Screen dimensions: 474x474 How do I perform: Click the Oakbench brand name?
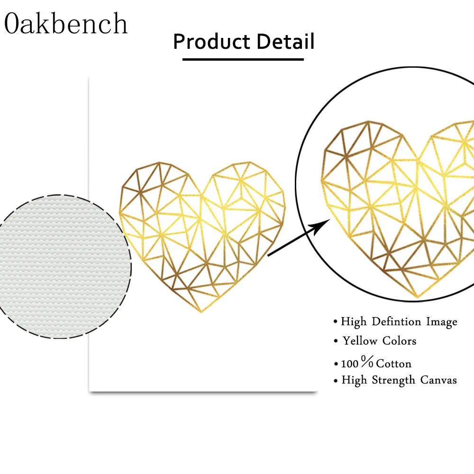[x=66, y=24]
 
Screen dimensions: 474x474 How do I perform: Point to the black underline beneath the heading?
[x=243, y=59]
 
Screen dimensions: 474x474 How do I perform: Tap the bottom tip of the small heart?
[x=201, y=312]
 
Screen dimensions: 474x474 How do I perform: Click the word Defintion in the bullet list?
[x=397, y=321]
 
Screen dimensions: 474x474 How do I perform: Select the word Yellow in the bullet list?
[x=360, y=341]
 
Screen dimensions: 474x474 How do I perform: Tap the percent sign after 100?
[x=367, y=363]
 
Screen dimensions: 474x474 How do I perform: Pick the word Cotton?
[x=394, y=364]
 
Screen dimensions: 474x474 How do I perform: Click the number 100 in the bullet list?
[x=350, y=364]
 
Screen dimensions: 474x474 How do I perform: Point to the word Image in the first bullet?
[x=442, y=321]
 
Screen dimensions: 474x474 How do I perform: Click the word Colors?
[x=399, y=341]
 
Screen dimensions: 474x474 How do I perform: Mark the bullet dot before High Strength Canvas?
[x=335, y=381]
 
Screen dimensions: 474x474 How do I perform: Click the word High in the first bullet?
[x=354, y=322]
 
